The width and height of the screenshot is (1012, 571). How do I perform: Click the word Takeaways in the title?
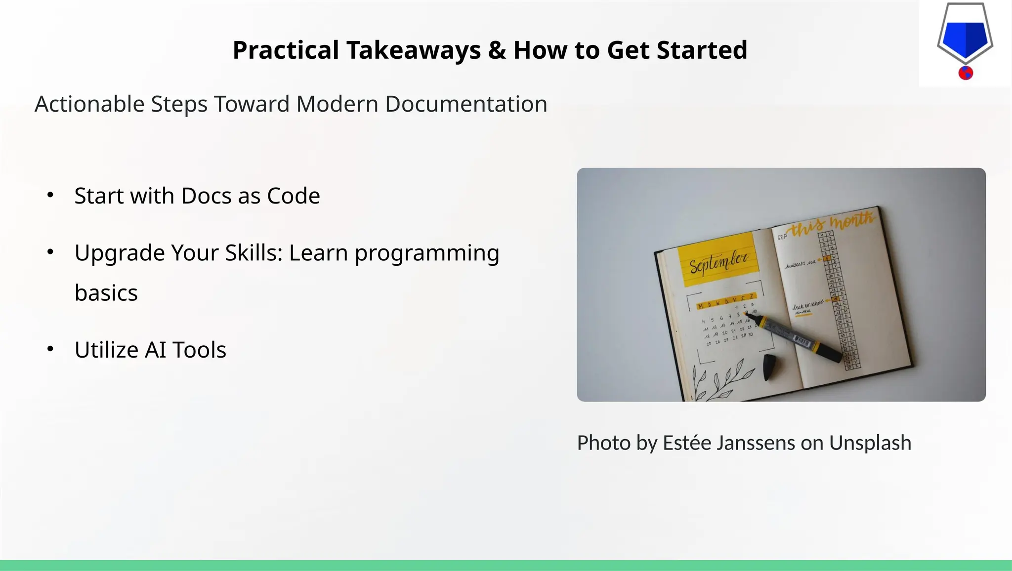tap(413, 50)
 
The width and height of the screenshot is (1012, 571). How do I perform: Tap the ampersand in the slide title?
tap(497, 50)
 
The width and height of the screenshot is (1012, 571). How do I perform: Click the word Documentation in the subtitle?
tap(466, 104)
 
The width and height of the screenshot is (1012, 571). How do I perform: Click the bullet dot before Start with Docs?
tap(50, 196)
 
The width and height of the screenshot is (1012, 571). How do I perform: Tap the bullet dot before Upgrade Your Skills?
tap(50, 252)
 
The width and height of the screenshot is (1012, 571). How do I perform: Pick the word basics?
tap(106, 293)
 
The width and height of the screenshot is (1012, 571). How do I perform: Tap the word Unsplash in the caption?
tap(870, 443)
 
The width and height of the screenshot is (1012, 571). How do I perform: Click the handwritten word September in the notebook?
tap(718, 262)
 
